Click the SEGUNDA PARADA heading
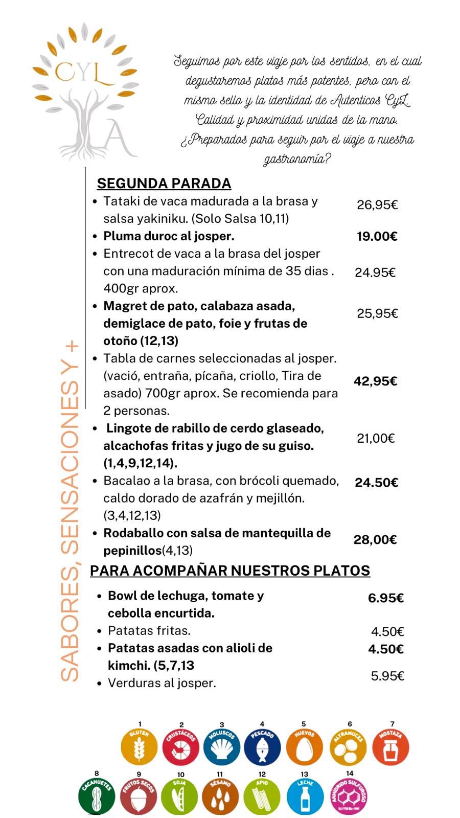coord(164,183)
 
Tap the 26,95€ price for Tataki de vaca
coord(377,205)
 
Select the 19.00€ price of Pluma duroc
coord(377,236)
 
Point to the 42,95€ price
coord(376,381)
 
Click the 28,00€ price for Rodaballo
coord(376,540)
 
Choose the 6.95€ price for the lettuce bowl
coord(386,598)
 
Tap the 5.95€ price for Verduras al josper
coord(387,676)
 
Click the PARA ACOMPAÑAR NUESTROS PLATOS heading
coord(230,571)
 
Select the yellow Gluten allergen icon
coord(139,747)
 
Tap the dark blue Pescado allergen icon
coord(262,747)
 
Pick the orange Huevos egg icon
coord(304,747)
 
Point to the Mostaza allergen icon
coord(390,747)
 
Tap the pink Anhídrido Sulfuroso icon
coord(349,796)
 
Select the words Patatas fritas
coord(149,630)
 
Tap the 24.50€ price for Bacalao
coord(377,483)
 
